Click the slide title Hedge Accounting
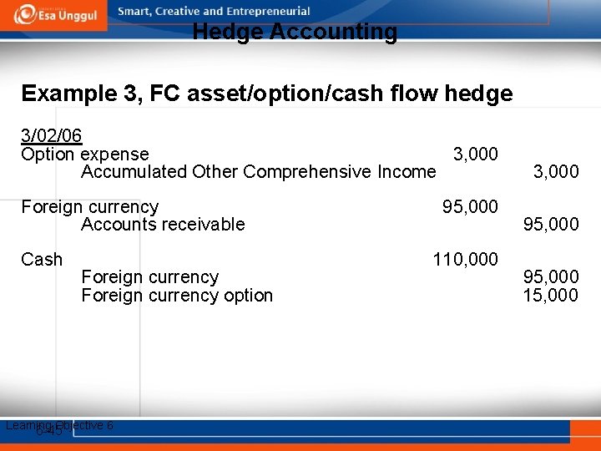295,33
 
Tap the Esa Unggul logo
54,14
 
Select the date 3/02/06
51,135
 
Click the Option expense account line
85,155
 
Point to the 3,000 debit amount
475,155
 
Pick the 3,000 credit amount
555,172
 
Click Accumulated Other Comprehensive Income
258,172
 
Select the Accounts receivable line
163,224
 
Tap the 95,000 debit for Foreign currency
470,206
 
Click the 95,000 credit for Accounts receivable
550,224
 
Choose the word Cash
42,260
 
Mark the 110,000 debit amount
465,260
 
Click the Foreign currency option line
177,296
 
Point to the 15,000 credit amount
550,296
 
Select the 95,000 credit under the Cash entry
550,277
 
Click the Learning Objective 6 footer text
59,426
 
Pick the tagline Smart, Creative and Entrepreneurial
214,12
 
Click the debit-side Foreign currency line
89,206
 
